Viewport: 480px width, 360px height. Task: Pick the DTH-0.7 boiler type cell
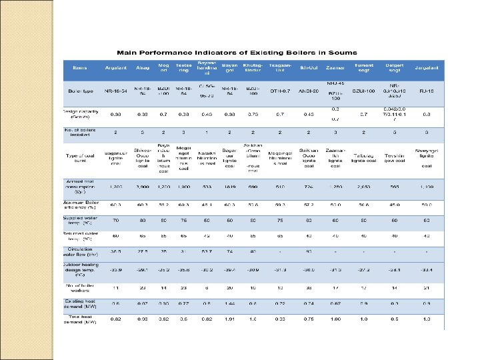coord(279,90)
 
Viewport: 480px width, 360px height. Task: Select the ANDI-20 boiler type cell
coord(308,90)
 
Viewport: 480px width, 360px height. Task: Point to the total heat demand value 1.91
coord(230,320)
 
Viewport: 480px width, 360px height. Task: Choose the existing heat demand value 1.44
coord(230,303)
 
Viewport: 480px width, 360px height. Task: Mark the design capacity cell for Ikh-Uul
coord(308,113)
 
